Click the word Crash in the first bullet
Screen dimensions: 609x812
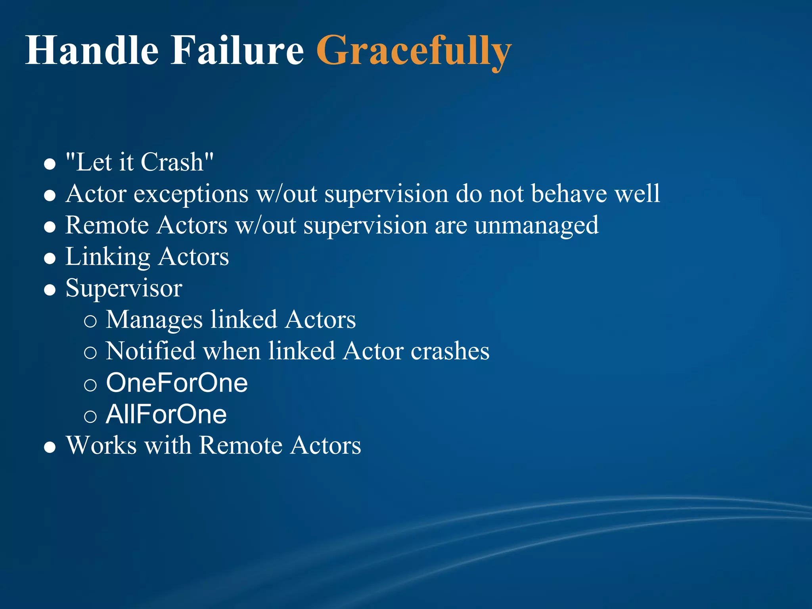click(172, 162)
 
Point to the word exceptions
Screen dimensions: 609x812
click(191, 194)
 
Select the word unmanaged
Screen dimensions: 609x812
click(536, 226)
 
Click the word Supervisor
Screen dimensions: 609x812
click(124, 289)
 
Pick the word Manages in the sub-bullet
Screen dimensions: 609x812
click(154, 320)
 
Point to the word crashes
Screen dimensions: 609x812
click(450, 352)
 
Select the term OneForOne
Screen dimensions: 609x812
click(177, 383)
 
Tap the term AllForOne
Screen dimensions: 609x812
click(166, 415)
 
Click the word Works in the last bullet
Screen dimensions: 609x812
click(101, 445)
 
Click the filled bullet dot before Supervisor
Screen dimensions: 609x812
click(50, 290)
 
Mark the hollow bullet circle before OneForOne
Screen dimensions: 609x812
click(90, 385)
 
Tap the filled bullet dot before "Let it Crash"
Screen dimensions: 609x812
click(50, 164)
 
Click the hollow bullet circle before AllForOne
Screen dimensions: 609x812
click(90, 416)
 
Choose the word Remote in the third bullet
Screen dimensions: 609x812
click(107, 226)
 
